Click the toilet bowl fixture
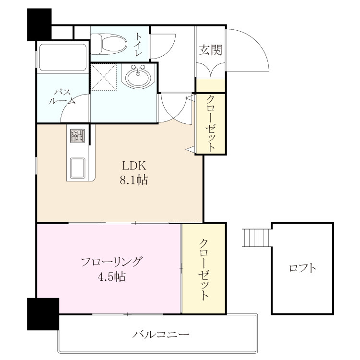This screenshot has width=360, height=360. (108, 44)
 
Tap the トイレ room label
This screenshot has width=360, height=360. (138, 44)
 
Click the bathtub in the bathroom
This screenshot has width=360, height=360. (63, 58)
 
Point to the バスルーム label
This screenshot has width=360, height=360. (62, 96)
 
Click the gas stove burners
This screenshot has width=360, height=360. (77, 136)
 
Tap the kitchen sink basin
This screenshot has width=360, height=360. (77, 168)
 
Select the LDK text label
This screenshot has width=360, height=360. (134, 166)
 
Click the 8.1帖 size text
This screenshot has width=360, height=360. (133, 180)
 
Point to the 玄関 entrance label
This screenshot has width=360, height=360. (211, 50)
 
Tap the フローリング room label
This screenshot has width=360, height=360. (112, 262)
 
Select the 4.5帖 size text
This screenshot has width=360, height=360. (112, 276)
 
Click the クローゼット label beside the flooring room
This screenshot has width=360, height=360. (204, 269)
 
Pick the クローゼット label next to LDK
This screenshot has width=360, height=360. (211, 123)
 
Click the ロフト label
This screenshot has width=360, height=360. (302, 268)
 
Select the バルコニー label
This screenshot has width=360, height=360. (161, 334)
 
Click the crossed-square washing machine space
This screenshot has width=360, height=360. (104, 77)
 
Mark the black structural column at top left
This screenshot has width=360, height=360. (39, 25)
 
